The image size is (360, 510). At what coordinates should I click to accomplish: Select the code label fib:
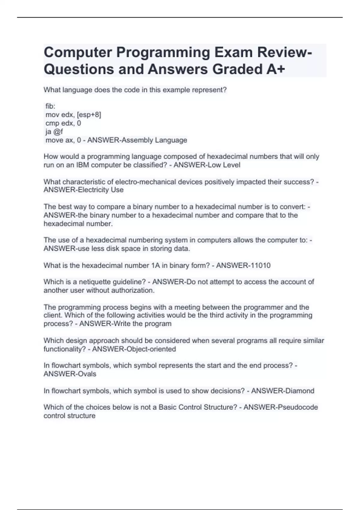[50, 106]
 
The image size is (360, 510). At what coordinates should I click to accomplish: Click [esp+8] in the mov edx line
[89, 115]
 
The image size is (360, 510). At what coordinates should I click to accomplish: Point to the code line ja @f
[54, 131]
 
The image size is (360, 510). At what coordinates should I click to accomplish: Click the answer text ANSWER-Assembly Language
[137, 140]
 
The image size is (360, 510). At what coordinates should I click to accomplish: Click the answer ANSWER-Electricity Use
[83, 190]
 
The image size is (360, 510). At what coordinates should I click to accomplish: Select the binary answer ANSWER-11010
[243, 265]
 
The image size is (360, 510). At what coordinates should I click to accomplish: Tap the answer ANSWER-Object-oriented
[134, 349]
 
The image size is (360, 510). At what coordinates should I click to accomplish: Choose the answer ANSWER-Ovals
[70, 374]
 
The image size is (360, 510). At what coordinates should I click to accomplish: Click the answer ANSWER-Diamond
[283, 391]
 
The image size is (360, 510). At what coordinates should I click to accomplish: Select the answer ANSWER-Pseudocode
[280, 407]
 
